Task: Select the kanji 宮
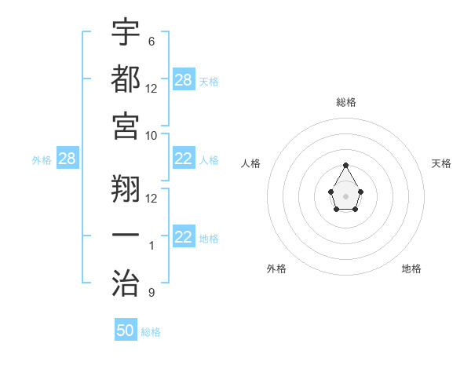126,125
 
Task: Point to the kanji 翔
126,188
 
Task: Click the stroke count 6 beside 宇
151,41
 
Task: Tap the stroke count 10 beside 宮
152,135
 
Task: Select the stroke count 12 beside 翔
152,198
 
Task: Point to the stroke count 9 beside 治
151,293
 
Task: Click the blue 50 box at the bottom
126,331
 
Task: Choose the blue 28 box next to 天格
184,80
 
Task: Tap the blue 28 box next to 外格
68,159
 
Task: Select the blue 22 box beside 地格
184,237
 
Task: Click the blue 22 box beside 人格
184,159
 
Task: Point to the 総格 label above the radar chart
345,102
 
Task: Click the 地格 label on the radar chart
411,269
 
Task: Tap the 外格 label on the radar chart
276,269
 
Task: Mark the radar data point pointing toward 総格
345,165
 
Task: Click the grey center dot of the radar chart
345,195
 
